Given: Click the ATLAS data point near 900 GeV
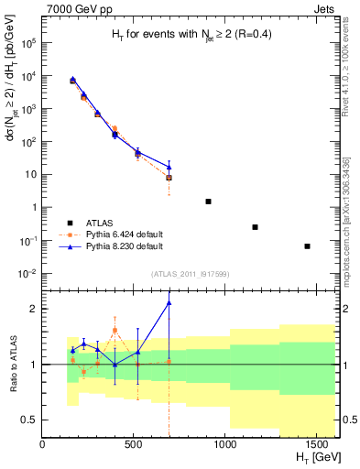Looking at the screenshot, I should click(208, 202).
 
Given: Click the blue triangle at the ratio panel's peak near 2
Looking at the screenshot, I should click(169, 302).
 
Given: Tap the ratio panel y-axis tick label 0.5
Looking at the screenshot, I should click(28, 420).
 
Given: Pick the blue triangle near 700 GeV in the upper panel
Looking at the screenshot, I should click(169, 167).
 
